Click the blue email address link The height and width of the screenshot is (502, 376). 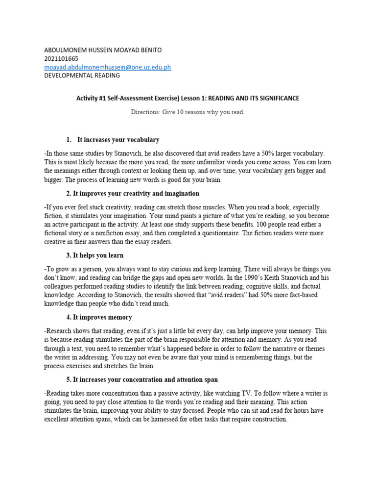point(107,67)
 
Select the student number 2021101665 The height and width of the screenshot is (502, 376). point(61,59)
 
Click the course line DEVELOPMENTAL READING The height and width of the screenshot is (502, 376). point(82,75)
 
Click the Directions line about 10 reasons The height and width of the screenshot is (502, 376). point(188,112)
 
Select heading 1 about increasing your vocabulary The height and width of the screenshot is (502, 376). point(118,140)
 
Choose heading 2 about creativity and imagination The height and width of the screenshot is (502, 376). point(132,194)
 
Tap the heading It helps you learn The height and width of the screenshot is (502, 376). point(94,255)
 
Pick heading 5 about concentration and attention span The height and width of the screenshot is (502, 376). point(141,379)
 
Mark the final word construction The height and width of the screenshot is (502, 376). point(267,419)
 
